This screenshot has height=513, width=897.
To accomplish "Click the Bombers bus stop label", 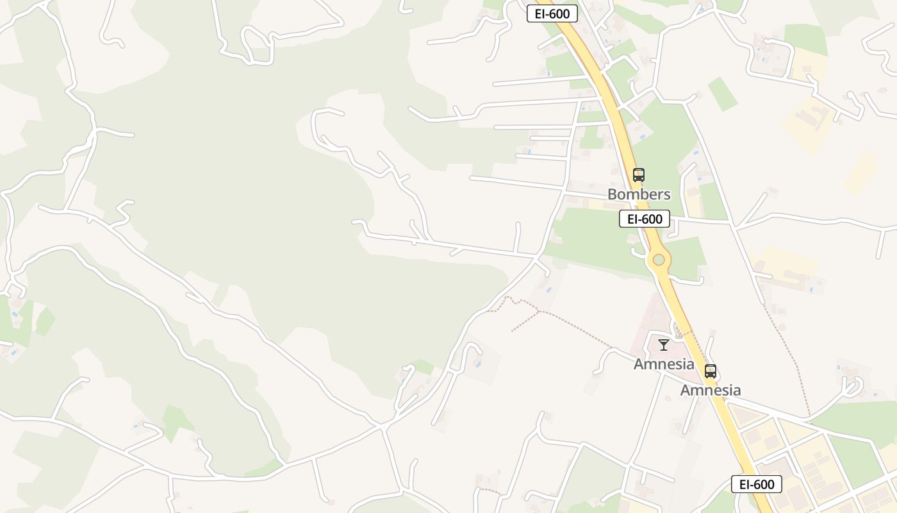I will point(639,194).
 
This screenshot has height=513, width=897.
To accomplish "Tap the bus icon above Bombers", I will point(638,174).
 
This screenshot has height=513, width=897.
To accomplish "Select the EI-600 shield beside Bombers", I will point(645,219).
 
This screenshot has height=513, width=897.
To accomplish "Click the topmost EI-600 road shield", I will point(552,13).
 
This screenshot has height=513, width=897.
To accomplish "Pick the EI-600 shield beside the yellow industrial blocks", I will point(756,484).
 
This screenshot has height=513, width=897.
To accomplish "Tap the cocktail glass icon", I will point(664,345).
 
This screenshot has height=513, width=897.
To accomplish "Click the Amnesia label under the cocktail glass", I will point(664,364).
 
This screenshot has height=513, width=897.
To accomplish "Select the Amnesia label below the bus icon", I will point(710,390).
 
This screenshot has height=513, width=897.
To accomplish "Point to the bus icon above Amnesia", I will point(710,371).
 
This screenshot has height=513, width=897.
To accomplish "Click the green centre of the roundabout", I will point(659,260).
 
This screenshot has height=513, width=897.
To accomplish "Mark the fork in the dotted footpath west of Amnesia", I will point(538,312).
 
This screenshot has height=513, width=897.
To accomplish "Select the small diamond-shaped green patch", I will point(723,94).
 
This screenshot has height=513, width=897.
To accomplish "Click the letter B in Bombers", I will point(612,194).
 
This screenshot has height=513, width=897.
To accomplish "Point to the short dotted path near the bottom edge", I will point(491,491).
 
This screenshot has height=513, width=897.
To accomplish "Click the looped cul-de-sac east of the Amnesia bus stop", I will point(853,385).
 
